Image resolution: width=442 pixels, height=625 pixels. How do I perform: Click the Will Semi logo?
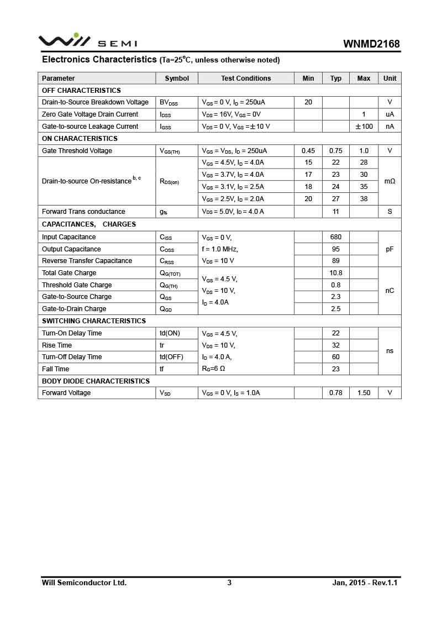[x=87, y=41]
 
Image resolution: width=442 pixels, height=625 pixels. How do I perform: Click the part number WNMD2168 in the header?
[x=371, y=44]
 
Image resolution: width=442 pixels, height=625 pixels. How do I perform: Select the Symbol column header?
[x=177, y=78]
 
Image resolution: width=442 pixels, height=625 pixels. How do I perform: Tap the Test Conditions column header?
[x=246, y=78]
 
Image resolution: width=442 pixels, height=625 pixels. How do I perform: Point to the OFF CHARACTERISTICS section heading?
[x=81, y=90]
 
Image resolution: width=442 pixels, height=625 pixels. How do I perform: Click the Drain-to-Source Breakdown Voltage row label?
[x=95, y=102]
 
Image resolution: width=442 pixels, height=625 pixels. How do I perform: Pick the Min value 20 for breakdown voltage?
[x=308, y=102]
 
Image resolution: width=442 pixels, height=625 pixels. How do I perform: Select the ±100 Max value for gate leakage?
[x=364, y=127]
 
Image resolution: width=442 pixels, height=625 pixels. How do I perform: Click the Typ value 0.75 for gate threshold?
[x=336, y=151]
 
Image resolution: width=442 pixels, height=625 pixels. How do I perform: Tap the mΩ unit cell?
[x=390, y=181]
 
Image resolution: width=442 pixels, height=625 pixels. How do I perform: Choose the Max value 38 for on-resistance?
[x=364, y=199]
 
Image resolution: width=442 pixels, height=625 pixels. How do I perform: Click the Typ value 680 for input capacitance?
[x=336, y=237]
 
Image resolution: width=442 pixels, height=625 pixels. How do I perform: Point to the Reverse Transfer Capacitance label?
[x=87, y=261]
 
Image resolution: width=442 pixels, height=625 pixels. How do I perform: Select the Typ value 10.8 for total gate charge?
[x=336, y=273]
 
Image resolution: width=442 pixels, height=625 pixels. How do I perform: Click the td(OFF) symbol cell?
[x=171, y=357]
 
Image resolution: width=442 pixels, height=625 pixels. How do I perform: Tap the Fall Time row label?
[x=55, y=369]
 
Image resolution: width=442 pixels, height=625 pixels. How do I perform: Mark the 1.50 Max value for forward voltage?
[x=364, y=393]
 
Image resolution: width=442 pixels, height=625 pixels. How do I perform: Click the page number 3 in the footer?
[x=229, y=582]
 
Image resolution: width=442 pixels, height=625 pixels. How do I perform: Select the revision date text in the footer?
[x=365, y=582]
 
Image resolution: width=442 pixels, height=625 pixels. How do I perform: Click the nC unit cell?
[x=390, y=291]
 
